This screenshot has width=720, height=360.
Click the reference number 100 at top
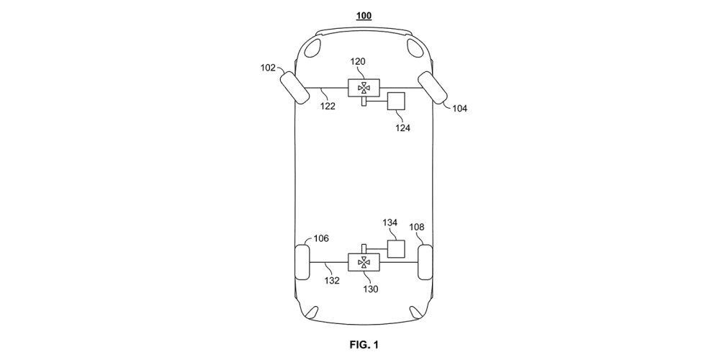(x=364, y=15)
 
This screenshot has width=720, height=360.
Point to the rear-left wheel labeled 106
(x=302, y=264)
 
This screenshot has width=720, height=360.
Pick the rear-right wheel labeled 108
(x=425, y=264)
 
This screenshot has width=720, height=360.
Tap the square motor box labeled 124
(x=396, y=102)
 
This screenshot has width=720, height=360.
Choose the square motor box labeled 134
(x=396, y=249)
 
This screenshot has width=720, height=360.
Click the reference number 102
(x=268, y=69)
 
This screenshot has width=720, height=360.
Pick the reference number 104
(x=459, y=109)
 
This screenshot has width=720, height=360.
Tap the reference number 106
(x=320, y=238)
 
